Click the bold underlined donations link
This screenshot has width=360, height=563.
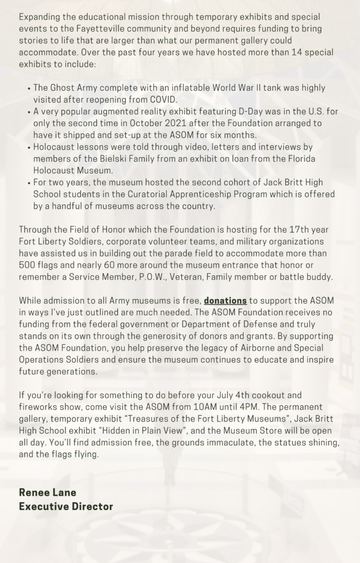[225, 300]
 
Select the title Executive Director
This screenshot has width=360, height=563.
[66, 506]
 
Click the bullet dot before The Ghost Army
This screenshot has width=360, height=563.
[28, 88]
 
